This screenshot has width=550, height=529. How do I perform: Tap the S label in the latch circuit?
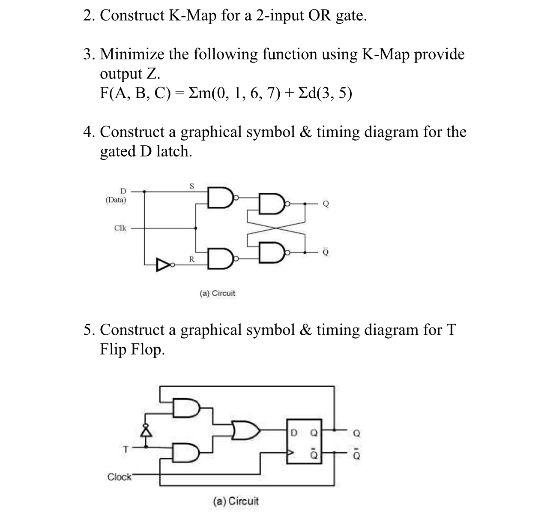click(x=191, y=186)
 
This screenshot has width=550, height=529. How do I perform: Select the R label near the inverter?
click(x=191, y=259)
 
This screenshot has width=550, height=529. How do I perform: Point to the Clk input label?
click(x=120, y=228)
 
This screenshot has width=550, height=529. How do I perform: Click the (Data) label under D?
click(x=116, y=200)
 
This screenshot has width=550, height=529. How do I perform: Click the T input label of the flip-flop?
click(x=125, y=450)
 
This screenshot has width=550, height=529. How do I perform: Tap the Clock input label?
click(x=120, y=477)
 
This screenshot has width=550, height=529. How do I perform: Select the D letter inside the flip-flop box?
click(x=294, y=433)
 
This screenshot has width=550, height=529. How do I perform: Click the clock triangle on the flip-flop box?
click(x=291, y=452)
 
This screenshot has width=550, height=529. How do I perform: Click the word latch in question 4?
click(x=173, y=151)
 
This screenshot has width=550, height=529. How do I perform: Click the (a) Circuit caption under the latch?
click(x=218, y=294)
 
